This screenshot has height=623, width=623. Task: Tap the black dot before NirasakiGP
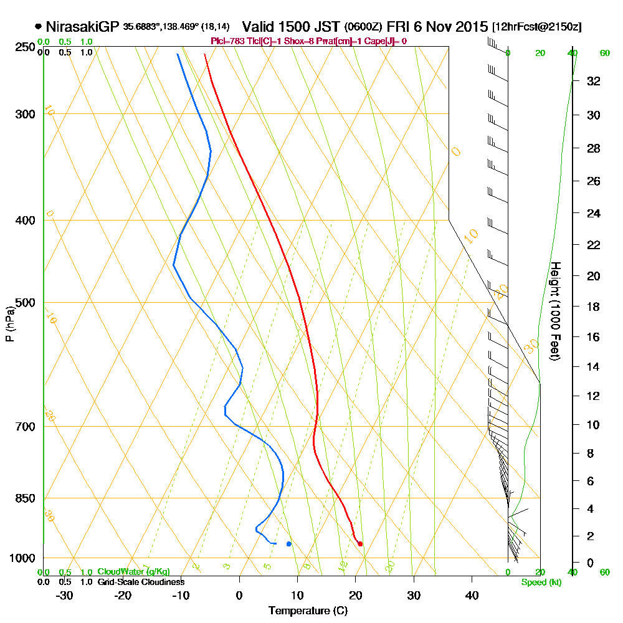coord(39,27)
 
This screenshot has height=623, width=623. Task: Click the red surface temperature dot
coord(360,544)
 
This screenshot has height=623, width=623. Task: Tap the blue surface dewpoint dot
coord(288,544)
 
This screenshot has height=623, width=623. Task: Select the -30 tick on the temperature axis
coord(64,596)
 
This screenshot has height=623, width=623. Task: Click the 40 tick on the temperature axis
coord(472,596)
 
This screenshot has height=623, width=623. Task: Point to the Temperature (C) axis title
coord(308,611)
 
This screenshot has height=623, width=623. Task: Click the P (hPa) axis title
coord(9,324)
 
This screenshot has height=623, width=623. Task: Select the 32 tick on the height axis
coord(593,81)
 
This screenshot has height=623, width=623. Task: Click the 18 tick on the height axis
coord(593,307)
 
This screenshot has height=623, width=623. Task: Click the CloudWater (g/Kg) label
coord(133,572)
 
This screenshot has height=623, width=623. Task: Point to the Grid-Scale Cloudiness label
coord(140,582)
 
